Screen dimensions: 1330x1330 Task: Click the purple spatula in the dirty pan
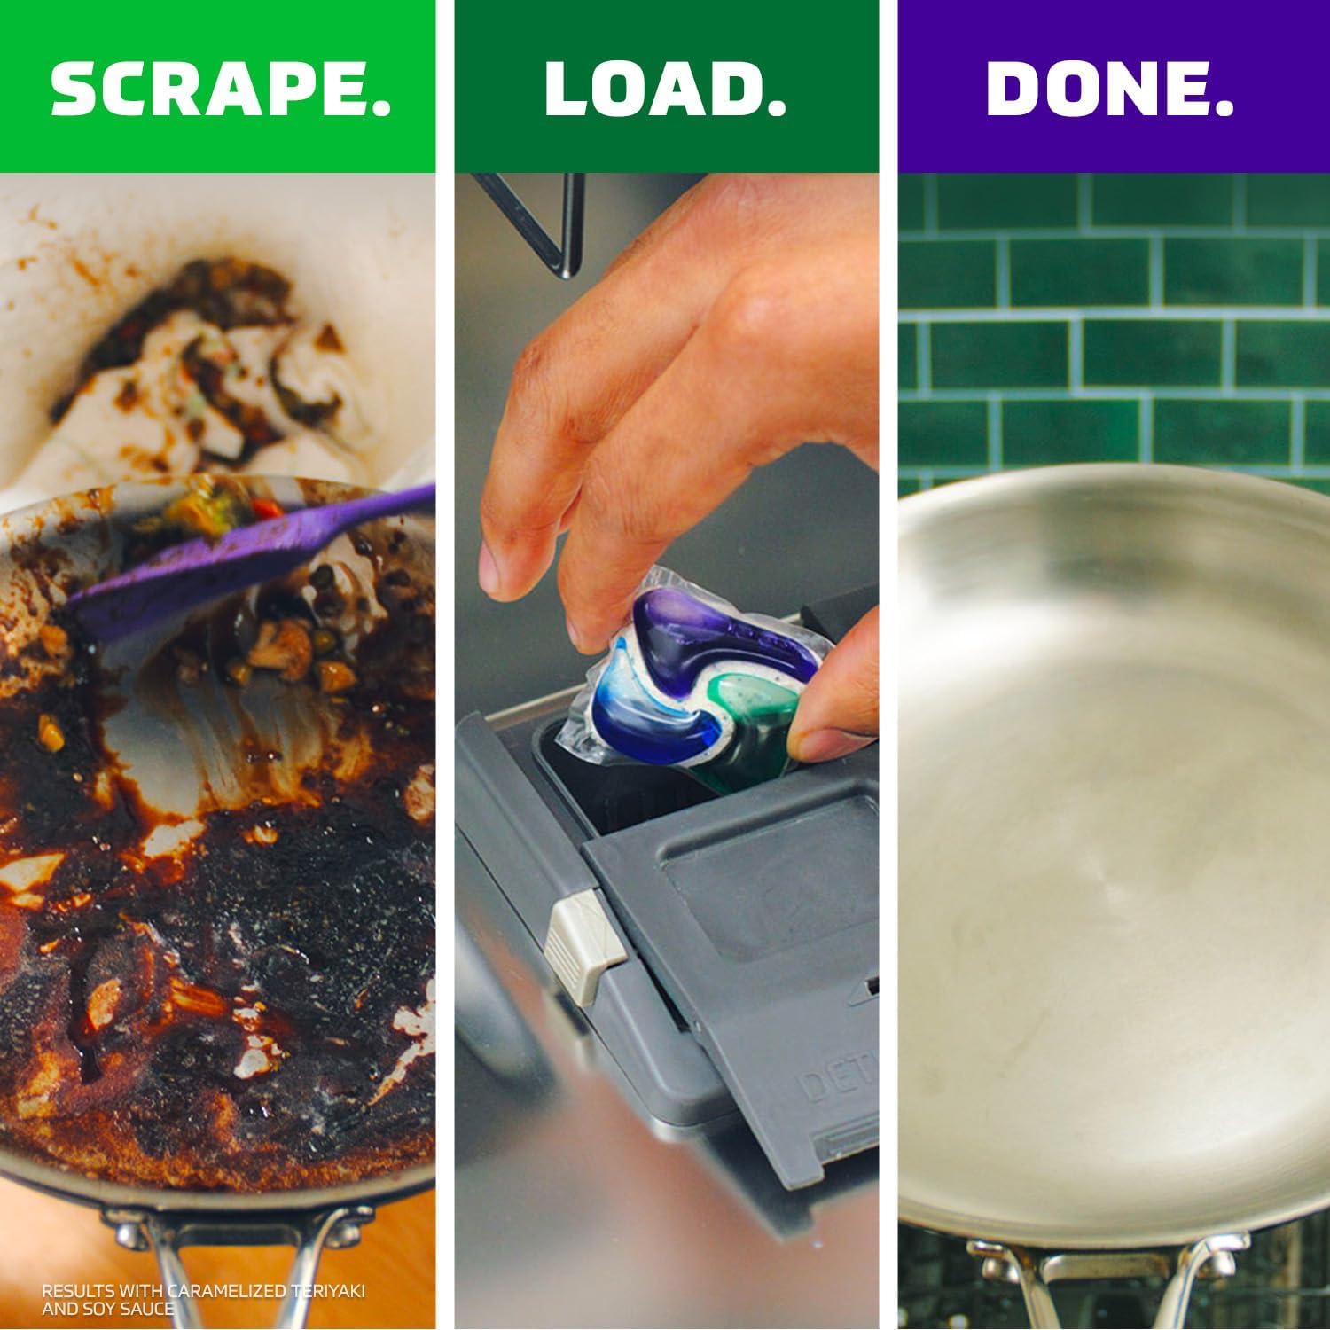tap(239, 559)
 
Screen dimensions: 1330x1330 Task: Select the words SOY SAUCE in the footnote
tap(129, 1308)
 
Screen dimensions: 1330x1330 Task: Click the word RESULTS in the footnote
tap(69, 1290)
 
